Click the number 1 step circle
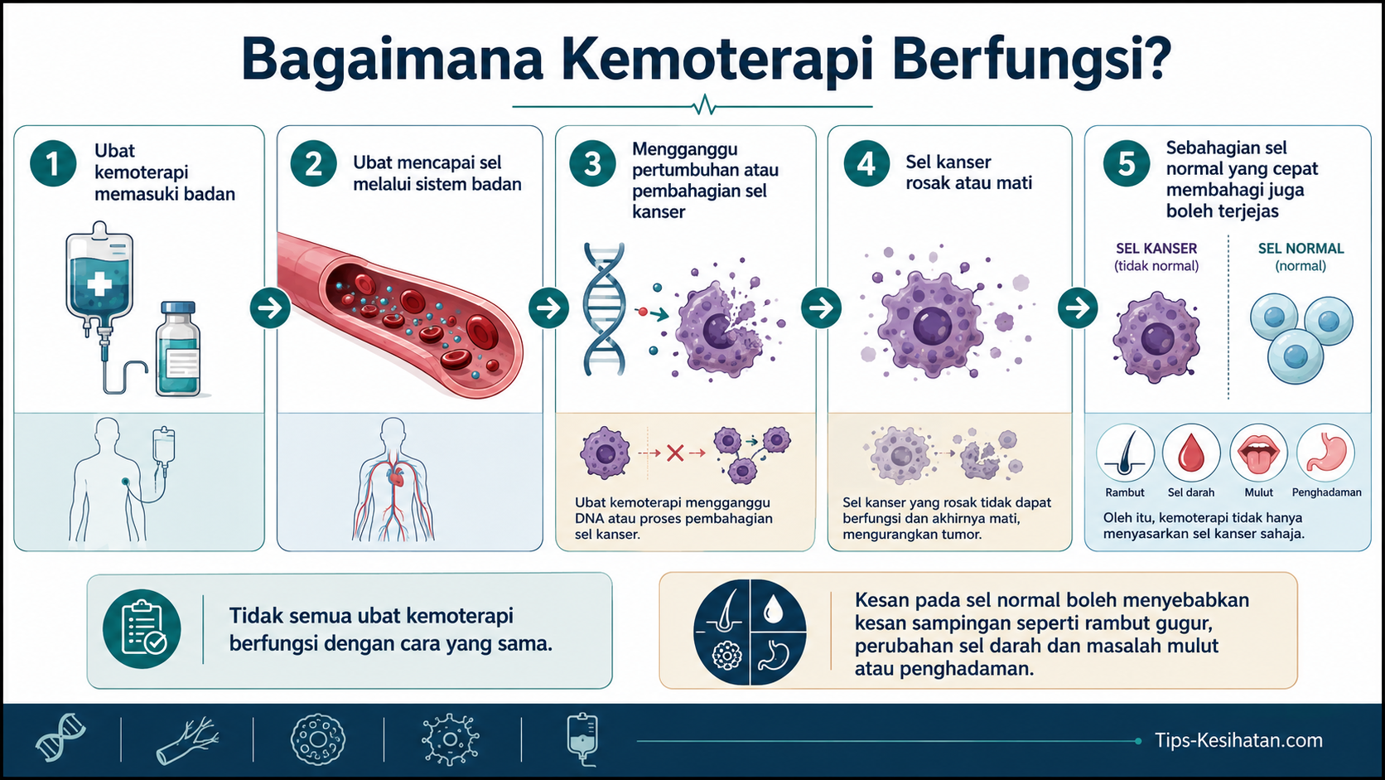(53, 164)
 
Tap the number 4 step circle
(866, 164)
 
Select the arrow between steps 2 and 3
(548, 308)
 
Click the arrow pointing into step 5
(1078, 308)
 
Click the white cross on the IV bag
(99, 284)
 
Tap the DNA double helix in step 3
(604, 309)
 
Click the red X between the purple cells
(675, 453)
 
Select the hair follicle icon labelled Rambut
(1125, 453)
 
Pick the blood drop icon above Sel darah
(1191, 453)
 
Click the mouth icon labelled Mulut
(1258, 453)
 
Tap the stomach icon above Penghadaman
(1325, 453)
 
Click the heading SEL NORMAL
(1301, 249)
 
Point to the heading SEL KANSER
(1156, 249)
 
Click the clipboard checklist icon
(142, 629)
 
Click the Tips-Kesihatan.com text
(1238, 740)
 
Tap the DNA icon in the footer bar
(60, 738)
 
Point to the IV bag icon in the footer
(582, 739)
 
